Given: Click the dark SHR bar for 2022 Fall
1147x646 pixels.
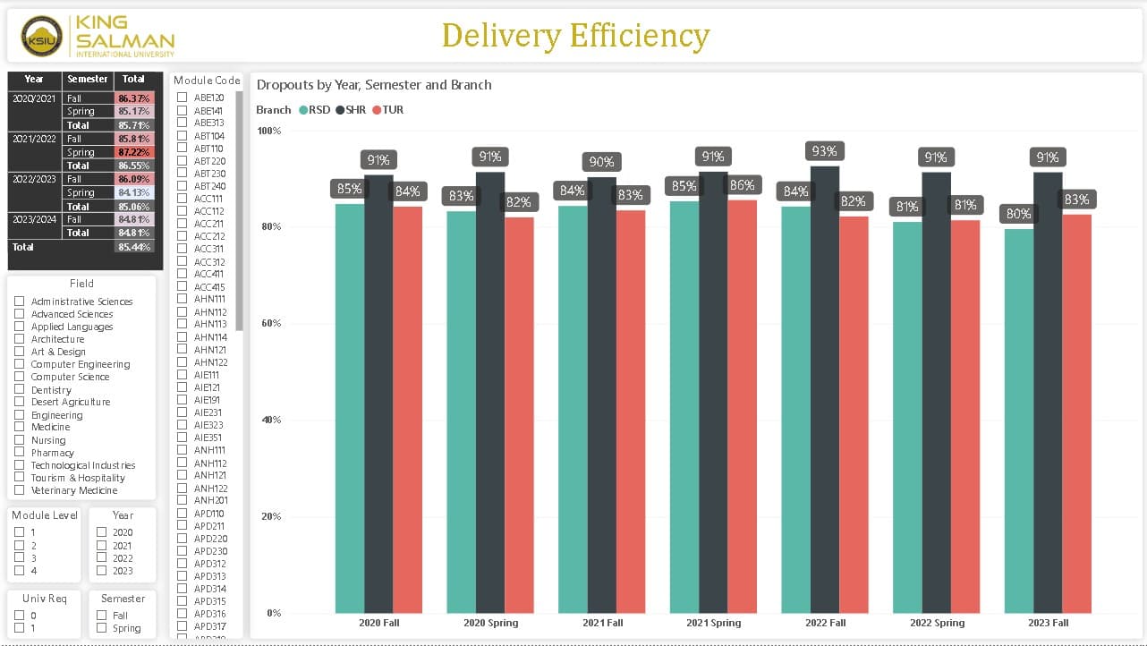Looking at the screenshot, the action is tap(824, 389).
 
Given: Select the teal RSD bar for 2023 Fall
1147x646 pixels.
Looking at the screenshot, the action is tap(1019, 421).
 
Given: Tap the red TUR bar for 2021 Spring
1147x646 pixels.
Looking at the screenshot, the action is tap(742, 406).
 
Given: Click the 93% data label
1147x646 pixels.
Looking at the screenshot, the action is tap(824, 151).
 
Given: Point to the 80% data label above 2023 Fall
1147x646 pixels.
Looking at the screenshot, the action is tap(1018, 214).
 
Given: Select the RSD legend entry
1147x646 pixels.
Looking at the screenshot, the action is tap(314, 110).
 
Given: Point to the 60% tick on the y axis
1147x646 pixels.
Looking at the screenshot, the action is tap(271, 323).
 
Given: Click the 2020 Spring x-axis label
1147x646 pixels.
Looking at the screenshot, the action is tap(490, 623).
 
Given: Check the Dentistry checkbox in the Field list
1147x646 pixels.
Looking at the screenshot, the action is tap(20, 389).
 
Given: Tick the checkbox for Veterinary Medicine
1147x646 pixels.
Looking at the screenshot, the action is tap(20, 490).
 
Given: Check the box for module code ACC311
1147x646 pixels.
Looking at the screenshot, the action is tap(182, 248).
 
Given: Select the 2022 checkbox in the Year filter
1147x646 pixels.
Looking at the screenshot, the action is tap(101, 557).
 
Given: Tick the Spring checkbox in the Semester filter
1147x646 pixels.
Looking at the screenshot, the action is tap(101, 627).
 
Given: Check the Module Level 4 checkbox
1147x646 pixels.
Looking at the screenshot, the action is tap(20, 570).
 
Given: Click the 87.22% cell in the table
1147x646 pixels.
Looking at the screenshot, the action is tap(133, 152).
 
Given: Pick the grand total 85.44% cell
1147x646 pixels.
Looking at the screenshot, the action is tap(133, 247).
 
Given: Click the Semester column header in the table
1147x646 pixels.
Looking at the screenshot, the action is tap(88, 79).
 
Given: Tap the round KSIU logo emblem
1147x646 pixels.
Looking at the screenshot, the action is tap(41, 37).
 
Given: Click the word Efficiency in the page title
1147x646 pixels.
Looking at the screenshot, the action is tap(640, 36).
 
